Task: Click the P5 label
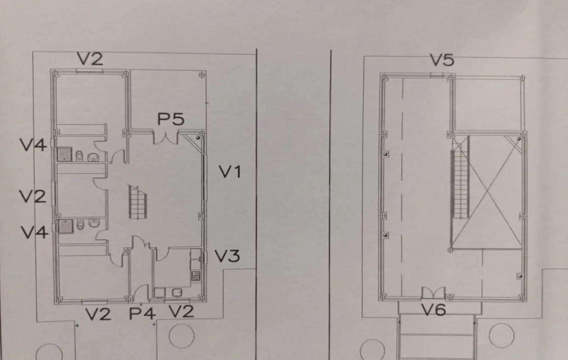(171, 119)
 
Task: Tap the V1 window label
(230, 171)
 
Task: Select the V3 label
(227, 256)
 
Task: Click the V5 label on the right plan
(442, 60)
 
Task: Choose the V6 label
(434, 309)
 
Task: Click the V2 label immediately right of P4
(181, 311)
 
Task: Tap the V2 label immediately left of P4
(98, 314)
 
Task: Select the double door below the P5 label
(166, 138)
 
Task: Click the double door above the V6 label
(434, 293)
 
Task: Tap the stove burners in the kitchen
(196, 276)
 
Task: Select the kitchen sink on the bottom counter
(177, 293)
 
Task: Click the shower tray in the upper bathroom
(64, 154)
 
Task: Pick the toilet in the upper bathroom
(80, 156)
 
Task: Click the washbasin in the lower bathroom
(94, 223)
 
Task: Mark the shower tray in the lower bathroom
(66, 226)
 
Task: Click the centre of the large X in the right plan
(487, 193)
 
